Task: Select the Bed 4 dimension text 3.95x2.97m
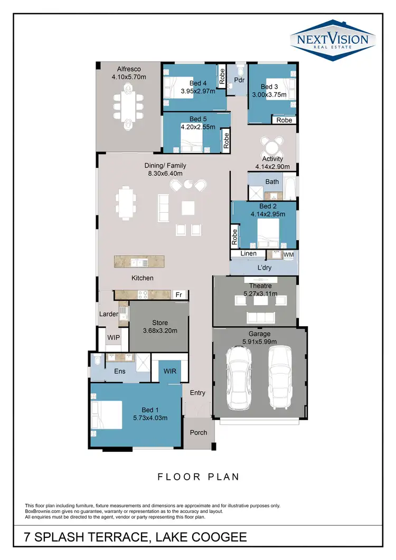tap(198, 91)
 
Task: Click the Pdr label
tap(239, 81)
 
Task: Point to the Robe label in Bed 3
tap(284, 120)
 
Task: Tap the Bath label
tap(272, 182)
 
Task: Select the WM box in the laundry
tap(288, 254)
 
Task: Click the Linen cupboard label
tap(249, 254)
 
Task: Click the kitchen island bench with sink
tap(139, 261)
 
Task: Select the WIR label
tap(169, 372)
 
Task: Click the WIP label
tap(114, 337)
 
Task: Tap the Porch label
tap(199, 432)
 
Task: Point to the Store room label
tap(159, 322)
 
